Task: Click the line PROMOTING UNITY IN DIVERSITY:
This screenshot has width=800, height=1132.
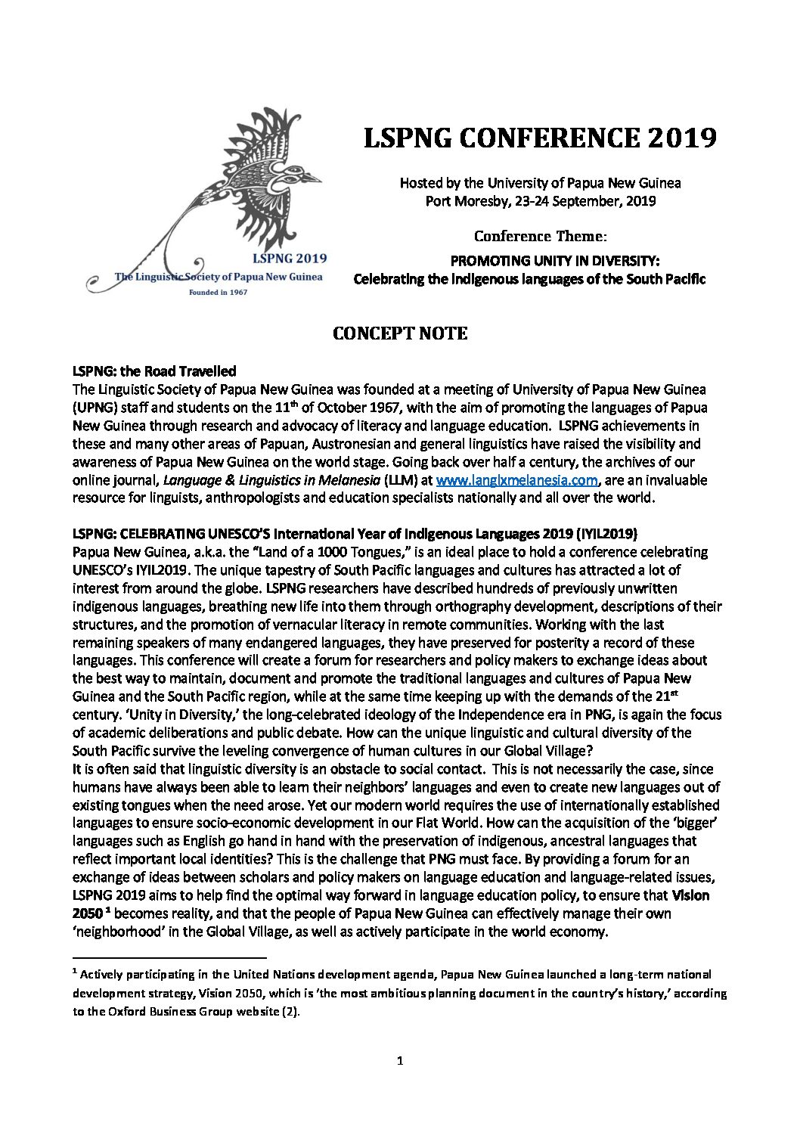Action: tap(556, 261)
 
